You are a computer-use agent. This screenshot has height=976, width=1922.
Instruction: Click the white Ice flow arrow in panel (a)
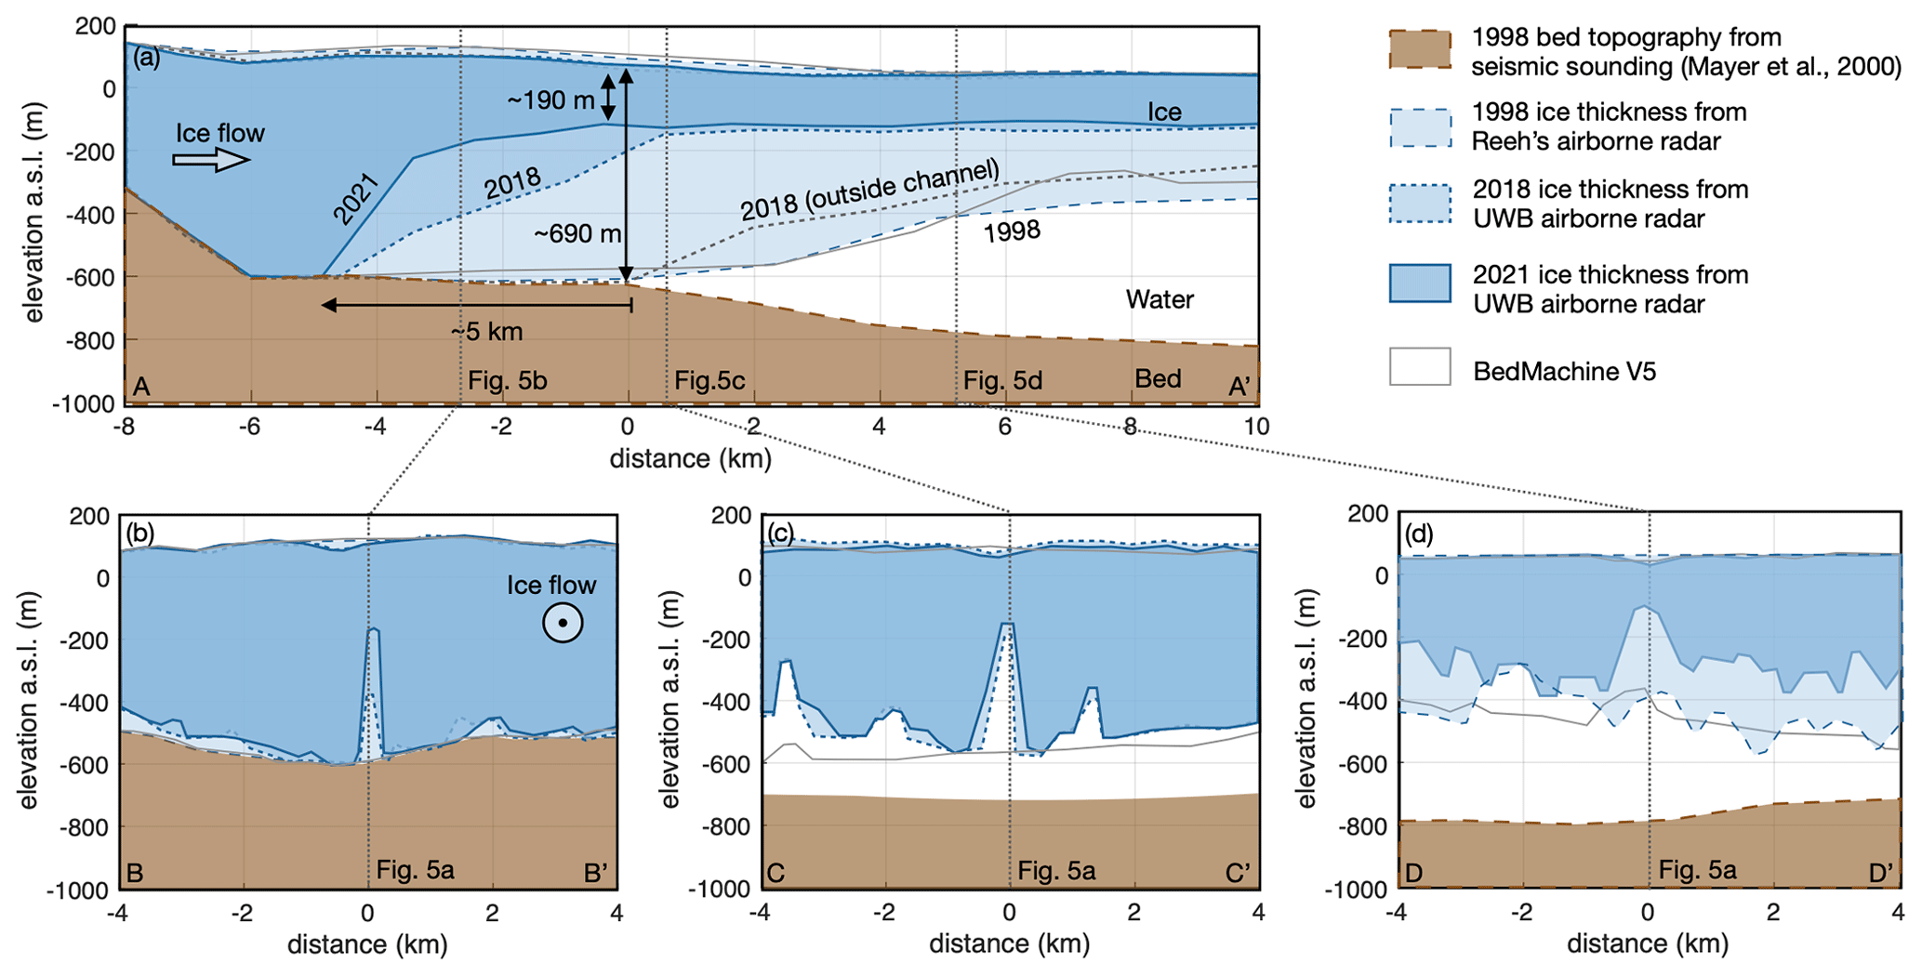(x=211, y=161)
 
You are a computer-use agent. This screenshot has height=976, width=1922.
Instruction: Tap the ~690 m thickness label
(x=577, y=233)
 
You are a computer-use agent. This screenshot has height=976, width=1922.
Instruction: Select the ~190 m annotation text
(x=550, y=99)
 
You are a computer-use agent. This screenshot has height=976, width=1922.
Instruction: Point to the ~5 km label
(x=486, y=332)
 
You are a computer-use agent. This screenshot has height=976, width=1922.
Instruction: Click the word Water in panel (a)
(x=1160, y=299)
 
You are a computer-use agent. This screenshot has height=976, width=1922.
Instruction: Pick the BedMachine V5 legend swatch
(x=1420, y=367)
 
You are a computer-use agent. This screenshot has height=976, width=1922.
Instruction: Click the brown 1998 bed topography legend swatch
(x=1420, y=50)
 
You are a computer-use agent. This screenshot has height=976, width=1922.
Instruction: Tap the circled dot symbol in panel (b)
(x=563, y=623)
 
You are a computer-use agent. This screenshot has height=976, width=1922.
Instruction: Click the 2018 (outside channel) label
(x=869, y=190)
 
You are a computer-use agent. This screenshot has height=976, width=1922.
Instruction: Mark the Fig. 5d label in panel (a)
(x=1002, y=380)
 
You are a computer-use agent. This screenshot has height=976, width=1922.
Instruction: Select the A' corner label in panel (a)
(x=1239, y=386)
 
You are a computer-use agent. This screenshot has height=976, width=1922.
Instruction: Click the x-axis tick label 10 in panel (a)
(x=1256, y=427)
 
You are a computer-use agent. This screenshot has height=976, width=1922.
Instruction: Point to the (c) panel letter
(x=780, y=533)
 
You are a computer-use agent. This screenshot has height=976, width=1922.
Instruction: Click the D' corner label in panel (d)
(x=1881, y=873)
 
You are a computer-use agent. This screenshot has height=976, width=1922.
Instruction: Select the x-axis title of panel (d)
(x=1648, y=944)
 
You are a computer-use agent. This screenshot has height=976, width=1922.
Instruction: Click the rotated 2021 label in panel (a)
(x=355, y=198)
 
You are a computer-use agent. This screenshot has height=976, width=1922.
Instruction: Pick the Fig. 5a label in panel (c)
(x=1056, y=871)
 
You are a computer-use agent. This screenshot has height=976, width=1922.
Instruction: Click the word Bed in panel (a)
(x=1158, y=378)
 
